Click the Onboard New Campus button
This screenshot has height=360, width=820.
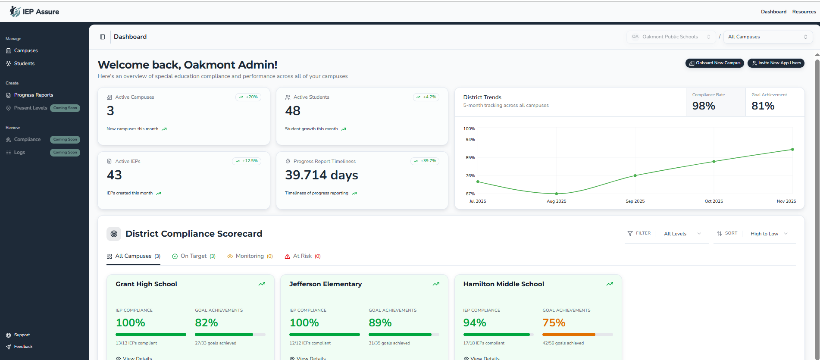[x=714, y=63]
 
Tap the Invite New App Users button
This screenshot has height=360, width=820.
[x=776, y=63]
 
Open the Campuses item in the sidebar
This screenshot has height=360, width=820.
[x=26, y=50]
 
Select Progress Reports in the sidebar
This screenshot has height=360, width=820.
[x=33, y=95]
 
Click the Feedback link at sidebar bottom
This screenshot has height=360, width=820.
[x=23, y=347]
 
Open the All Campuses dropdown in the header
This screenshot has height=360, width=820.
[x=767, y=37]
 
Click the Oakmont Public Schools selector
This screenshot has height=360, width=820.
[x=670, y=37]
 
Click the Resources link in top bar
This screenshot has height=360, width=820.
[x=804, y=12]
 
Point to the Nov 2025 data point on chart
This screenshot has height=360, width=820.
[x=792, y=150]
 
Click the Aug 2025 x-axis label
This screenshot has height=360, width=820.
[x=556, y=201]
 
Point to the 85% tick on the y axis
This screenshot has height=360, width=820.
[x=470, y=158]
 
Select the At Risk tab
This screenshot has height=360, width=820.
[x=303, y=256]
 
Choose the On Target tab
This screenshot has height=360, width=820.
[x=194, y=256]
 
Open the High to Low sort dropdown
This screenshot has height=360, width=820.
[x=769, y=234]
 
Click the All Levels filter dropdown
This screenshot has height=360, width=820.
[x=682, y=234]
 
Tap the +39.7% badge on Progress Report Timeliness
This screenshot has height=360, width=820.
[x=425, y=161]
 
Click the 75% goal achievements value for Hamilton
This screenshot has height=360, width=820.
[x=554, y=322]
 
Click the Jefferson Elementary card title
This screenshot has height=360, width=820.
[x=325, y=284]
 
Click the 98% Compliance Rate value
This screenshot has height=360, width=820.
[x=703, y=106]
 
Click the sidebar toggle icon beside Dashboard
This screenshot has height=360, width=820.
[x=103, y=37]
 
